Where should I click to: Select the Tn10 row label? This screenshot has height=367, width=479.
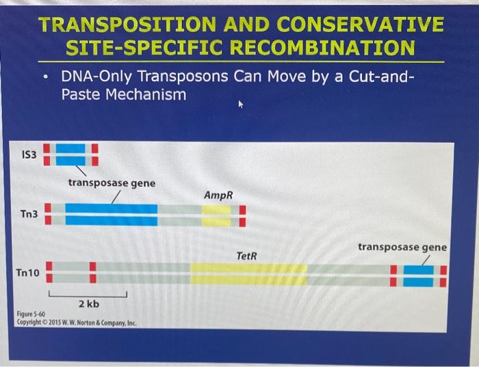[x=28, y=273]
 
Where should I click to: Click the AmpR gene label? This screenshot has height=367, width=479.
[x=218, y=195]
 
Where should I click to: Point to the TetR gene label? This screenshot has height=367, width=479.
[x=246, y=255]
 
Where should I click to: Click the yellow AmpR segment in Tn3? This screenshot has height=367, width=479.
[x=216, y=215]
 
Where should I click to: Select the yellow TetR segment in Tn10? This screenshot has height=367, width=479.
[x=248, y=273]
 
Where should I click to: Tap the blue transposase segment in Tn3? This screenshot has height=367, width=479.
[x=111, y=215]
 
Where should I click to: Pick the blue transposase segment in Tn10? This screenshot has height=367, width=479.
[x=418, y=275]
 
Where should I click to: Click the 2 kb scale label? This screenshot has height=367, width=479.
[x=88, y=303]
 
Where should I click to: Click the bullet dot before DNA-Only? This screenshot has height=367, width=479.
[x=44, y=77]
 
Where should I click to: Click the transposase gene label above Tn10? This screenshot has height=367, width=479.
[x=402, y=247]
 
